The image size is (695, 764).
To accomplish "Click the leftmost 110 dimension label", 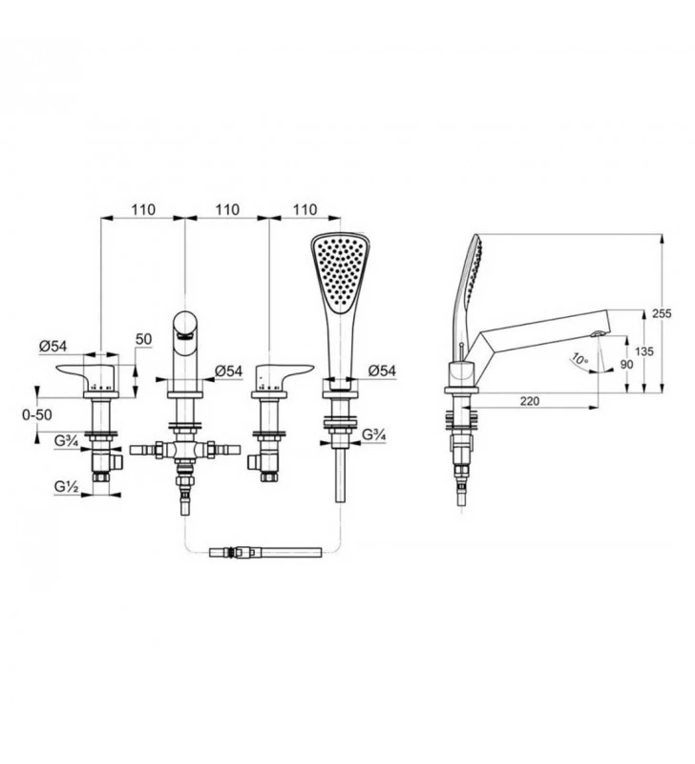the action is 143,209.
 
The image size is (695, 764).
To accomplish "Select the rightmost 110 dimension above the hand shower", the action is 305,209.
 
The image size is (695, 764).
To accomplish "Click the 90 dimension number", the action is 627,364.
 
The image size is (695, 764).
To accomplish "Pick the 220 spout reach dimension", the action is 530,400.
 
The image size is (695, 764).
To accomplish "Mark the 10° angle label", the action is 579,360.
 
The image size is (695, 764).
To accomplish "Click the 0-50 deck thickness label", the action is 37,414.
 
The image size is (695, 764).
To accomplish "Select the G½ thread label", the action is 66,485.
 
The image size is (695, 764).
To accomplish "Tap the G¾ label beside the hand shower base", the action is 374,435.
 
